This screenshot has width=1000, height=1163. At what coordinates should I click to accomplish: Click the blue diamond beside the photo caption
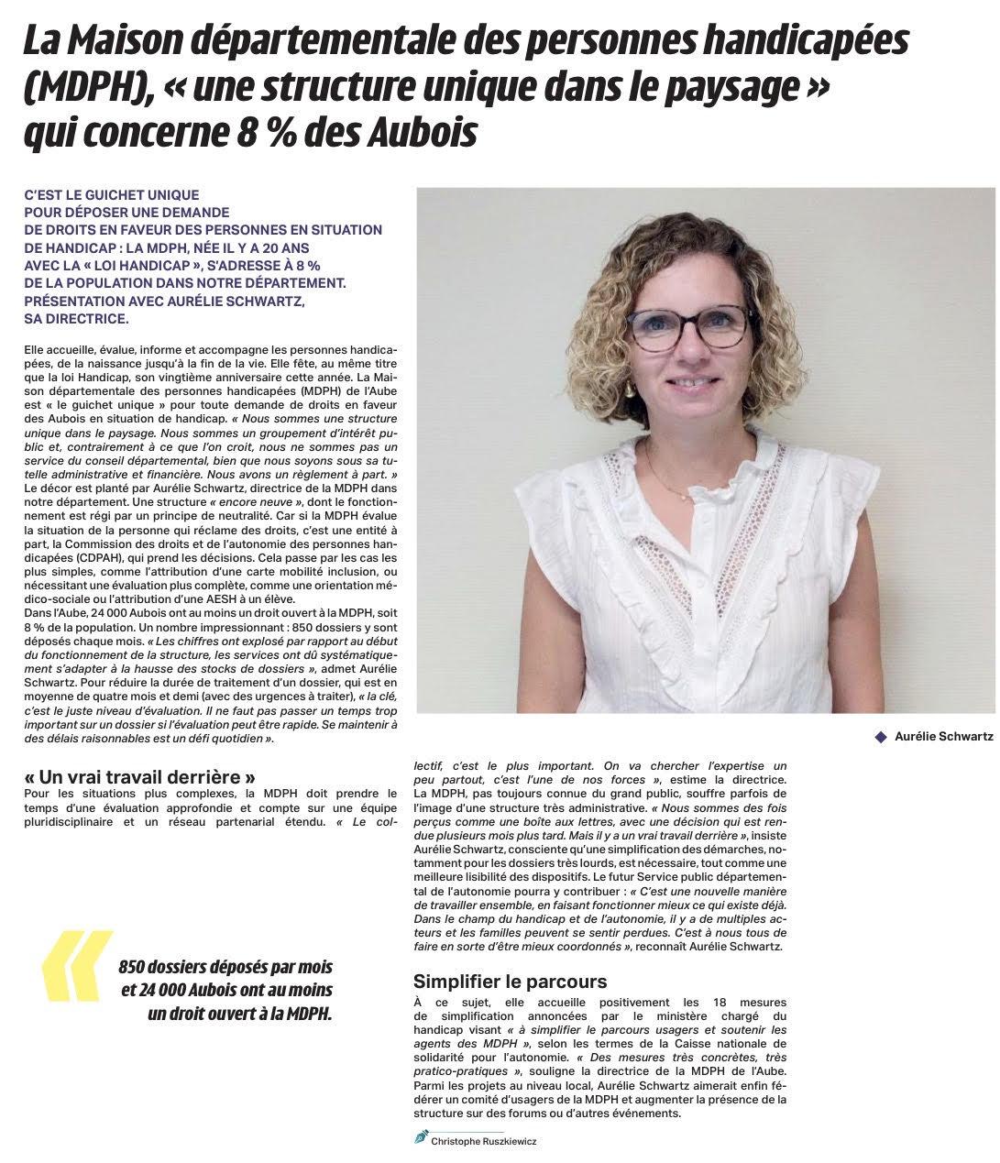click(x=881, y=736)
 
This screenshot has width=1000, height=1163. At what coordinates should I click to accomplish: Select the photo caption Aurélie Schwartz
click(x=943, y=736)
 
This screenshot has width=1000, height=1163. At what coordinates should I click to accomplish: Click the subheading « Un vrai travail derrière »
click(x=139, y=777)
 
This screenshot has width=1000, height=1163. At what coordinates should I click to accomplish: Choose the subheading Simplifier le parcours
click(x=510, y=982)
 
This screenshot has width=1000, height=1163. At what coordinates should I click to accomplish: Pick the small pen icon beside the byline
click(x=421, y=1137)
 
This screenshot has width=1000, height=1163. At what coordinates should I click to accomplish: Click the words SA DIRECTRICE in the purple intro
click(x=77, y=319)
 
